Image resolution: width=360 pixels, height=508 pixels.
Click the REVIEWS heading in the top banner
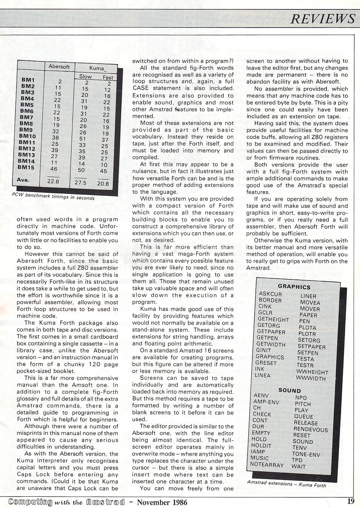pos(323,19)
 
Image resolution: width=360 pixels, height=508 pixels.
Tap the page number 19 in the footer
pos(351,501)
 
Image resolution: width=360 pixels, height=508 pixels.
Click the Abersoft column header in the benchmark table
pos(59,67)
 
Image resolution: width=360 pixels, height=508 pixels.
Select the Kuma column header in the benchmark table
pos(97,68)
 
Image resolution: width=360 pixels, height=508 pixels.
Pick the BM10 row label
pos(27,136)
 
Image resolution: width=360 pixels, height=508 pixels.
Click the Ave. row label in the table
pos(23,180)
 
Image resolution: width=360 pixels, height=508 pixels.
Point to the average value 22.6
pos(53,181)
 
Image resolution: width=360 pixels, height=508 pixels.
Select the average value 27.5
pos(80,183)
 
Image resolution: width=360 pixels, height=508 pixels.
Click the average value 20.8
pos(103,184)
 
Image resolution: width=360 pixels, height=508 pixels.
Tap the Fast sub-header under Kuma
pos(108,77)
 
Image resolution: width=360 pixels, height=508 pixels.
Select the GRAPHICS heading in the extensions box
pos(294,287)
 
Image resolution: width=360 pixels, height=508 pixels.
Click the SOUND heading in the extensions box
pos(290,391)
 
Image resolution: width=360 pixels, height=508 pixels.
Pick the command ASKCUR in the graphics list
pos(271,294)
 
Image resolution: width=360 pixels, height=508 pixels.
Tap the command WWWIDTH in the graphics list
pos(311,378)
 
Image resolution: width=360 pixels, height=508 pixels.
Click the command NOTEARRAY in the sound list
pos(267,465)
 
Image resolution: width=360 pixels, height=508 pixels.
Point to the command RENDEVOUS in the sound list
pos(311,429)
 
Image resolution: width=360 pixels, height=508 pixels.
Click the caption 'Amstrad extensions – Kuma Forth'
pos(286,484)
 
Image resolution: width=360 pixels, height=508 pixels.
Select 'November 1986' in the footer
pos(162,502)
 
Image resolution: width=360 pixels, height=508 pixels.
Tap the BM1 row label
pos(28,80)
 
